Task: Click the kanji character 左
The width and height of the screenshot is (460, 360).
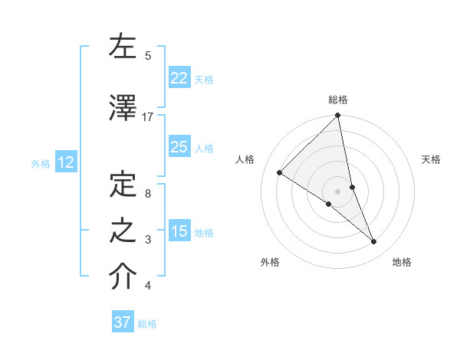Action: click(123, 47)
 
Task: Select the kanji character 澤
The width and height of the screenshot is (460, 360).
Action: click(123, 109)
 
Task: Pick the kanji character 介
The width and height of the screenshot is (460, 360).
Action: click(123, 277)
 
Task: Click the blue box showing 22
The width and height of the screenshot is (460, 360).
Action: click(179, 77)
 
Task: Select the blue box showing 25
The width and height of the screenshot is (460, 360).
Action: click(179, 147)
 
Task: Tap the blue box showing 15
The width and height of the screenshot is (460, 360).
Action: click(179, 231)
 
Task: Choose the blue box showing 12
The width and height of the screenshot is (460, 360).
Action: click(66, 162)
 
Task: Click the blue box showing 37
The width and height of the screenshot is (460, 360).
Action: click(123, 322)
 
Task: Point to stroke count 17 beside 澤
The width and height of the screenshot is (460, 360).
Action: click(148, 116)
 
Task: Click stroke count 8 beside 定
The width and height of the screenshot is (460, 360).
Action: click(148, 194)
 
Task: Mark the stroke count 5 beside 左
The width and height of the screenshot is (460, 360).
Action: click(148, 55)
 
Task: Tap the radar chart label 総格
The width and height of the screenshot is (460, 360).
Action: click(338, 100)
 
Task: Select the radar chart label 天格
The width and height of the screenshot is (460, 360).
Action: click(431, 159)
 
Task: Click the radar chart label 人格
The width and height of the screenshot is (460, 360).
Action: click(245, 159)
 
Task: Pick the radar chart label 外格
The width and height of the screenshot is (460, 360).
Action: click(269, 262)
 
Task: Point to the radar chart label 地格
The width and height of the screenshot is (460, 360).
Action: click(402, 262)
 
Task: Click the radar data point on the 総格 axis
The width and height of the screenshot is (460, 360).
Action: click(338, 116)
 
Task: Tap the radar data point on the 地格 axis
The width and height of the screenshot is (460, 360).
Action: click(374, 241)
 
